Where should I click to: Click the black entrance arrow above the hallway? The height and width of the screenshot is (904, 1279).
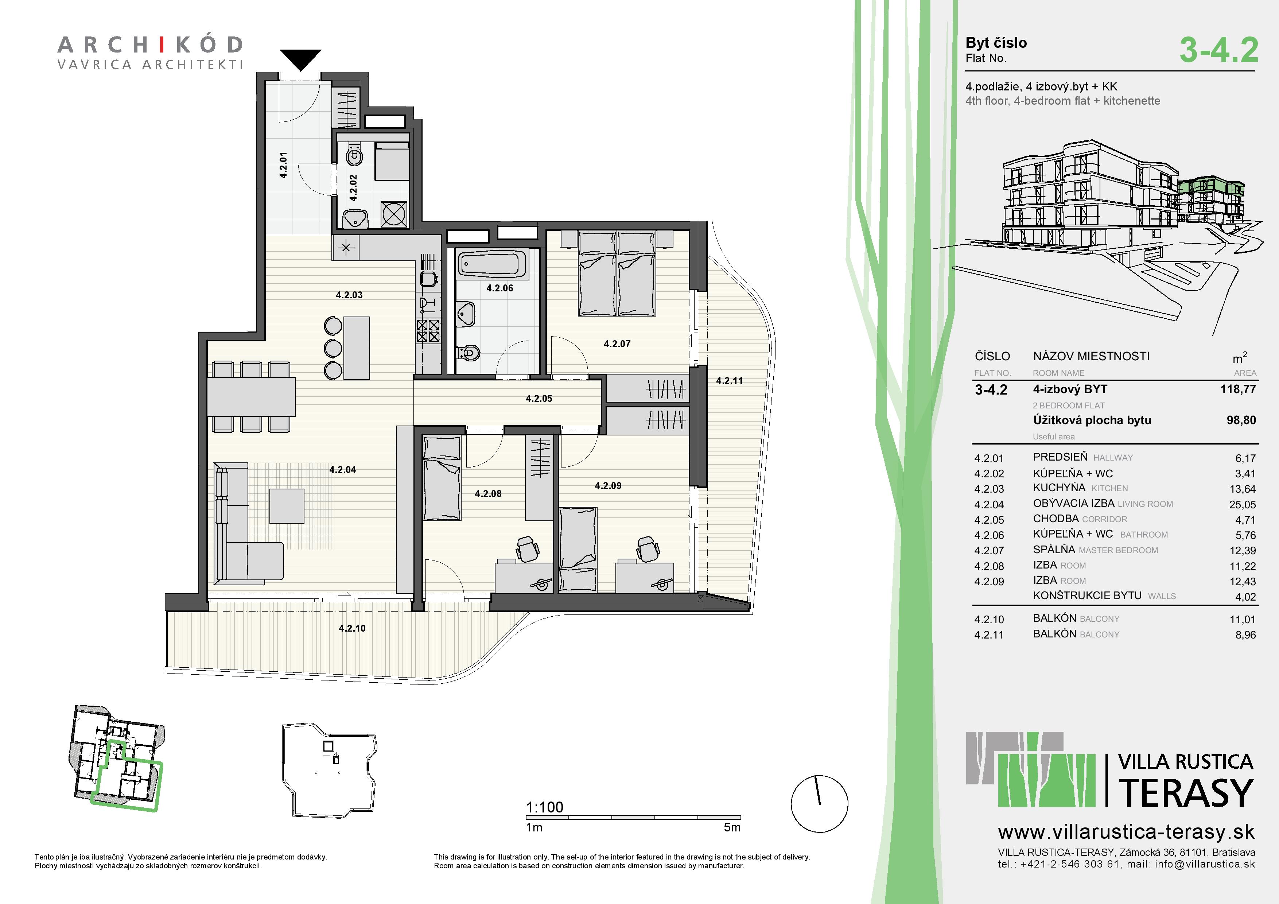[x=301, y=58]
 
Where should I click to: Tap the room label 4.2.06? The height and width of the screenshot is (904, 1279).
[x=500, y=288]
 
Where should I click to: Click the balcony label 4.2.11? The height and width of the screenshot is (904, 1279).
[x=729, y=381]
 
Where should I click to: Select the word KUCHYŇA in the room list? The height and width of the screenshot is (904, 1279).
[x=1059, y=488]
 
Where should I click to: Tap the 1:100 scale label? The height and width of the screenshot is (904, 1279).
[x=544, y=807]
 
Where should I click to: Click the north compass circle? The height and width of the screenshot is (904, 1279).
[x=819, y=804]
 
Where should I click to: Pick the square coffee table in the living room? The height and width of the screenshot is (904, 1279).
[x=287, y=506]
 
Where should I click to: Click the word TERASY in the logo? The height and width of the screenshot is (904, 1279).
[x=1185, y=793]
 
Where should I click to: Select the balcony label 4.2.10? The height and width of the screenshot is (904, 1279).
[x=352, y=628]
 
